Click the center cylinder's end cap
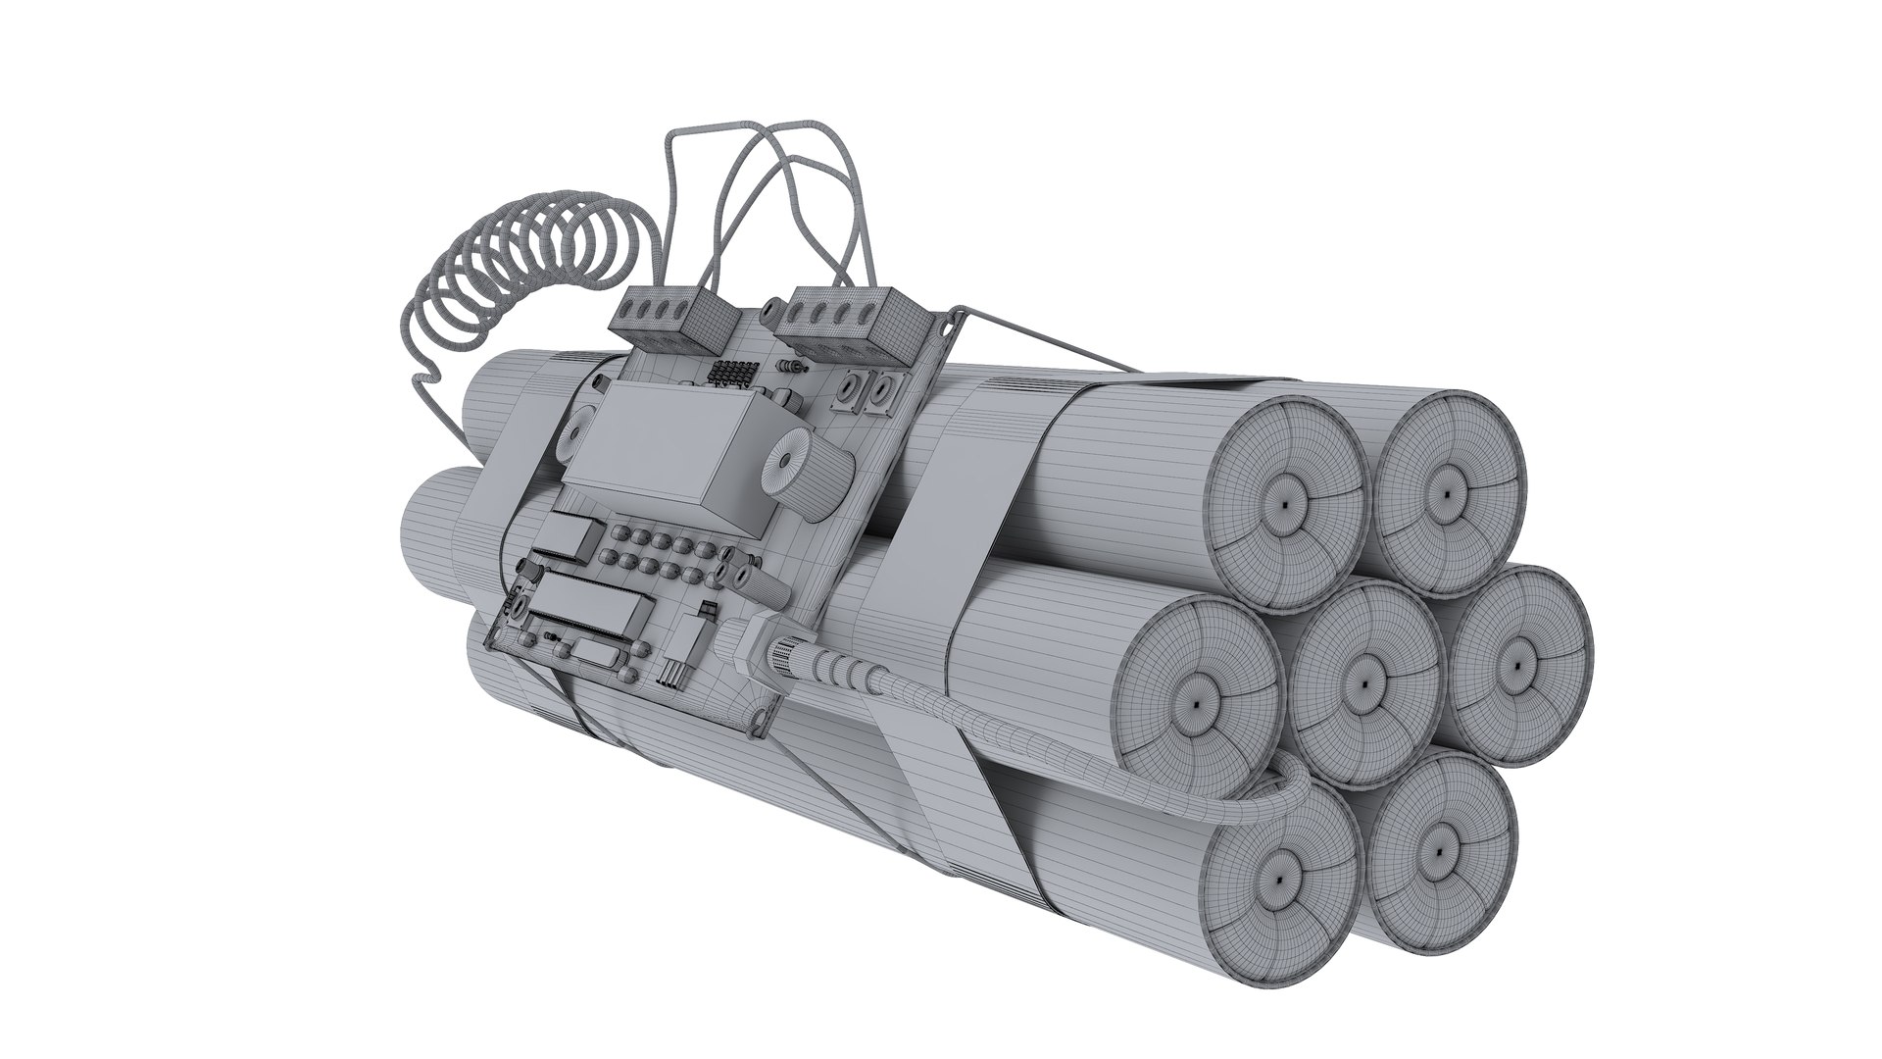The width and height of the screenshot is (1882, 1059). pos(1365,682)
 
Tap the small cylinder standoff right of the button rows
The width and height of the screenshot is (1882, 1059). pos(765,586)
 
